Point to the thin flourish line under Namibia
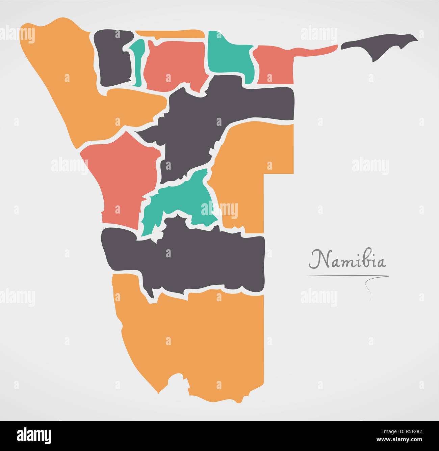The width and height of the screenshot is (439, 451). coord(348,276)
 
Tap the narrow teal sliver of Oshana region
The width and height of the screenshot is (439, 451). coord(137,62)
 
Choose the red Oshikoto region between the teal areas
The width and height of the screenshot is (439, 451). coord(174,64)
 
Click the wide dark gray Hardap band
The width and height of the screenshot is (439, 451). coord(189,256)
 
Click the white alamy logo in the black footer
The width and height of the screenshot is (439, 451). coord(34,435)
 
